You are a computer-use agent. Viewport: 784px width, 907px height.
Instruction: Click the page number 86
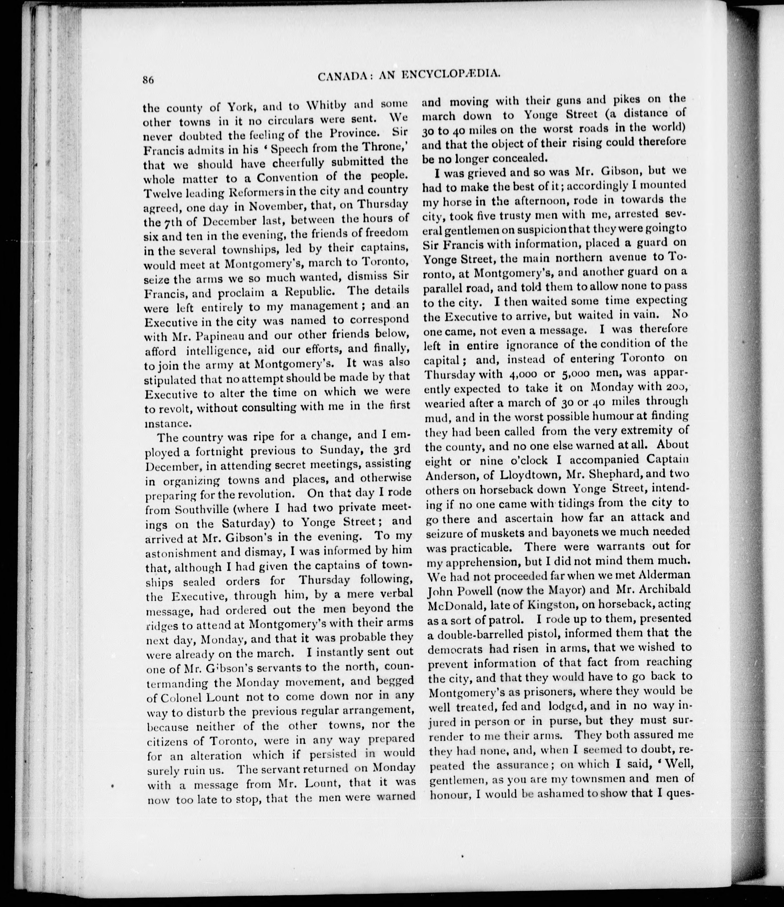point(149,80)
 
